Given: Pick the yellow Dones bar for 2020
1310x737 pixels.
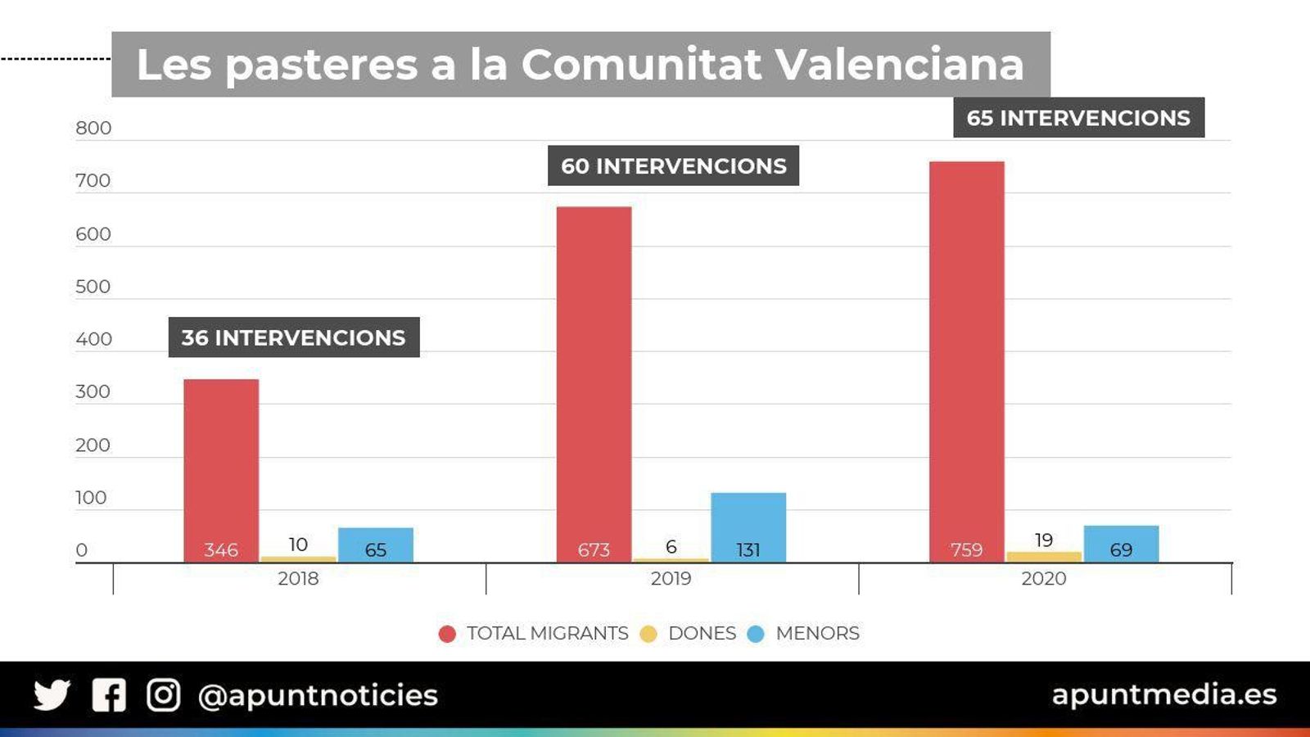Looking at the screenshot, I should [x=1044, y=557].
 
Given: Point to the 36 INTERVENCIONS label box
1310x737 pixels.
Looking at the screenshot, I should [x=294, y=337].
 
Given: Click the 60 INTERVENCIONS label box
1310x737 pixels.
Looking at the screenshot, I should [x=673, y=165].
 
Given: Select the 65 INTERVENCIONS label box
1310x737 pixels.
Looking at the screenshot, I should [x=1078, y=117].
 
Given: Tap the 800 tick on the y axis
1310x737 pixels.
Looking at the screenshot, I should [x=93, y=128].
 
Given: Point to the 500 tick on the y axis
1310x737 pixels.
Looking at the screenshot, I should [x=93, y=287].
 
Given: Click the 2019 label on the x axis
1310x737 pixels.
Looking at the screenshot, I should [x=671, y=579].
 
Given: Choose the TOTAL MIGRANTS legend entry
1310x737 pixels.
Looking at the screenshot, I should [x=547, y=633].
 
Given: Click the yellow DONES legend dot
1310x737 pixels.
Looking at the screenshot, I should [x=648, y=634].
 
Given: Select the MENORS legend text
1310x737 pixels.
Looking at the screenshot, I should [x=817, y=633].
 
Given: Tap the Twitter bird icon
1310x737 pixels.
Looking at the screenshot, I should [x=52, y=695].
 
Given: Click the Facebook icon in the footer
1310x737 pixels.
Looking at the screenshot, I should [x=109, y=695].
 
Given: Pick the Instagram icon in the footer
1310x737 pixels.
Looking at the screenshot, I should [x=163, y=695].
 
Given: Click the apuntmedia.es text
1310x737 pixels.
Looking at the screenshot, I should [x=1163, y=694].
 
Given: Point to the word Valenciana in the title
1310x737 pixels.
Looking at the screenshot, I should [x=899, y=64].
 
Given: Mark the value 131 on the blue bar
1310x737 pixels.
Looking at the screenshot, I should [x=748, y=549].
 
